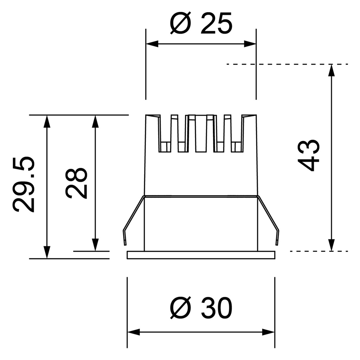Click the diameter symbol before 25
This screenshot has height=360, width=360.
[x=180, y=24]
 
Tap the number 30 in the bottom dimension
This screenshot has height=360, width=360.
[x=217, y=308]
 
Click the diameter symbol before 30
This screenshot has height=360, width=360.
[x=180, y=308]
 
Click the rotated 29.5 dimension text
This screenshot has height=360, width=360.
[x=24, y=184]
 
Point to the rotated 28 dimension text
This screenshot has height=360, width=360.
[x=76, y=183]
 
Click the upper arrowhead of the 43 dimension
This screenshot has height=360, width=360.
[x=331, y=70]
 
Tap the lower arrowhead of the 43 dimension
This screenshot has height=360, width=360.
[x=331, y=245]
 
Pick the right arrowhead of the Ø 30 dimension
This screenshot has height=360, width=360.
[x=269, y=332]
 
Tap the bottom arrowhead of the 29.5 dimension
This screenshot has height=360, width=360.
[x=46, y=252]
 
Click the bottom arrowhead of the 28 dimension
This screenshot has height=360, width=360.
[x=95, y=245]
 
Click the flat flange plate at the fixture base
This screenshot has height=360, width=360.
[x=201, y=255]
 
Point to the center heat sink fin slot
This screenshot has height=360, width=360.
[x=201, y=134]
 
